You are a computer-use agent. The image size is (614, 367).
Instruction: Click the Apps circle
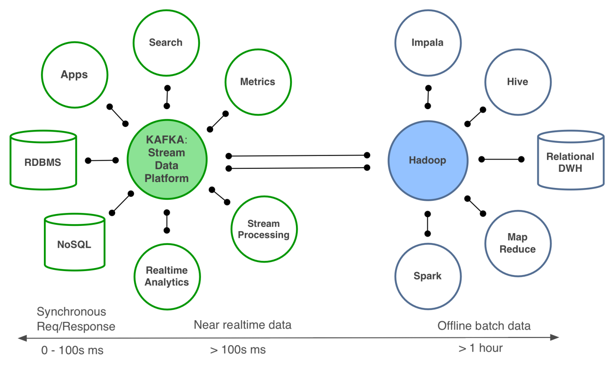click(75, 75)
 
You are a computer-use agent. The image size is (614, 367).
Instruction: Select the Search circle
click(166, 43)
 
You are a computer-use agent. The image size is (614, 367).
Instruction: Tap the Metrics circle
click(258, 82)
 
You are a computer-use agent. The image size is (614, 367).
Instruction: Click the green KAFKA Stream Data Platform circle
click(167, 159)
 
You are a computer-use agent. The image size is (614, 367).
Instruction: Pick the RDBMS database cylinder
click(43, 161)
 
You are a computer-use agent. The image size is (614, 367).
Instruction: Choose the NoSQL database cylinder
click(75, 243)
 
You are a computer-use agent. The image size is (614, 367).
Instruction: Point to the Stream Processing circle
click(264, 229)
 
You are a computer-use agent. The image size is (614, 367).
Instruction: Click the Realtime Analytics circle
click(167, 277)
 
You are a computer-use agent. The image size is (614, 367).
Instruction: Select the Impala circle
click(428, 43)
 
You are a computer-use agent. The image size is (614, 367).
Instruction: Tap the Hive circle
click(518, 82)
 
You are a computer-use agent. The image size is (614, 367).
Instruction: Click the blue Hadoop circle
click(428, 160)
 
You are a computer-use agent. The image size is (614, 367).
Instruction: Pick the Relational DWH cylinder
click(571, 161)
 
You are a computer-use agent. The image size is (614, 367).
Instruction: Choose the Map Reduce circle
click(518, 243)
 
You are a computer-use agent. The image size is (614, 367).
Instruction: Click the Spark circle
click(428, 276)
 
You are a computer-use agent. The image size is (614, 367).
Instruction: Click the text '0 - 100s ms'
click(72, 350)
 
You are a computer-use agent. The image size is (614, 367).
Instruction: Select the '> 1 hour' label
click(481, 348)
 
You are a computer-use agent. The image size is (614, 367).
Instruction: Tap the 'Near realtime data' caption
click(243, 325)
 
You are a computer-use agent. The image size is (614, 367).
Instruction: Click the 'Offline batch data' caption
click(484, 326)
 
